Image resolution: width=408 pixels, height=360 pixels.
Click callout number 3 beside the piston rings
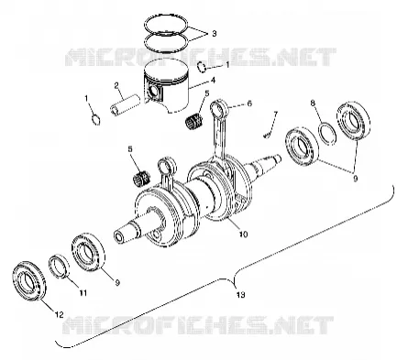(214, 33)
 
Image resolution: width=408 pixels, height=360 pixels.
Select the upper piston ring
(166, 30)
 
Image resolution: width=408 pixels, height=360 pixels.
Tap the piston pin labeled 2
(126, 105)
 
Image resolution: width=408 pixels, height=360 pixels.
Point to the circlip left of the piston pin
(96, 120)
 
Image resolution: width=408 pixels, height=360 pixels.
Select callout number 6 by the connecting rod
(249, 104)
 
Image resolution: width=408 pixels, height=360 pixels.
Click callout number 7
(275, 114)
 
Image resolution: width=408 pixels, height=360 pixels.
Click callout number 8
(313, 103)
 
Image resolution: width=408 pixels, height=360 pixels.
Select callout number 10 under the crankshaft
(243, 235)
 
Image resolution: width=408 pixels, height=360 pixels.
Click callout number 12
(59, 314)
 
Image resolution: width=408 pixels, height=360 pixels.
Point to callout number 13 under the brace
(240, 295)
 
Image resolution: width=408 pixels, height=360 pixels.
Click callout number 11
(83, 293)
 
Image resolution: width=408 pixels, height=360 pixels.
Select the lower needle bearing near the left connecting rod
(142, 178)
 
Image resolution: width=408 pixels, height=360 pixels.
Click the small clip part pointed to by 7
(268, 134)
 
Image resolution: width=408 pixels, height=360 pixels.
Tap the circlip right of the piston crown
(202, 68)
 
